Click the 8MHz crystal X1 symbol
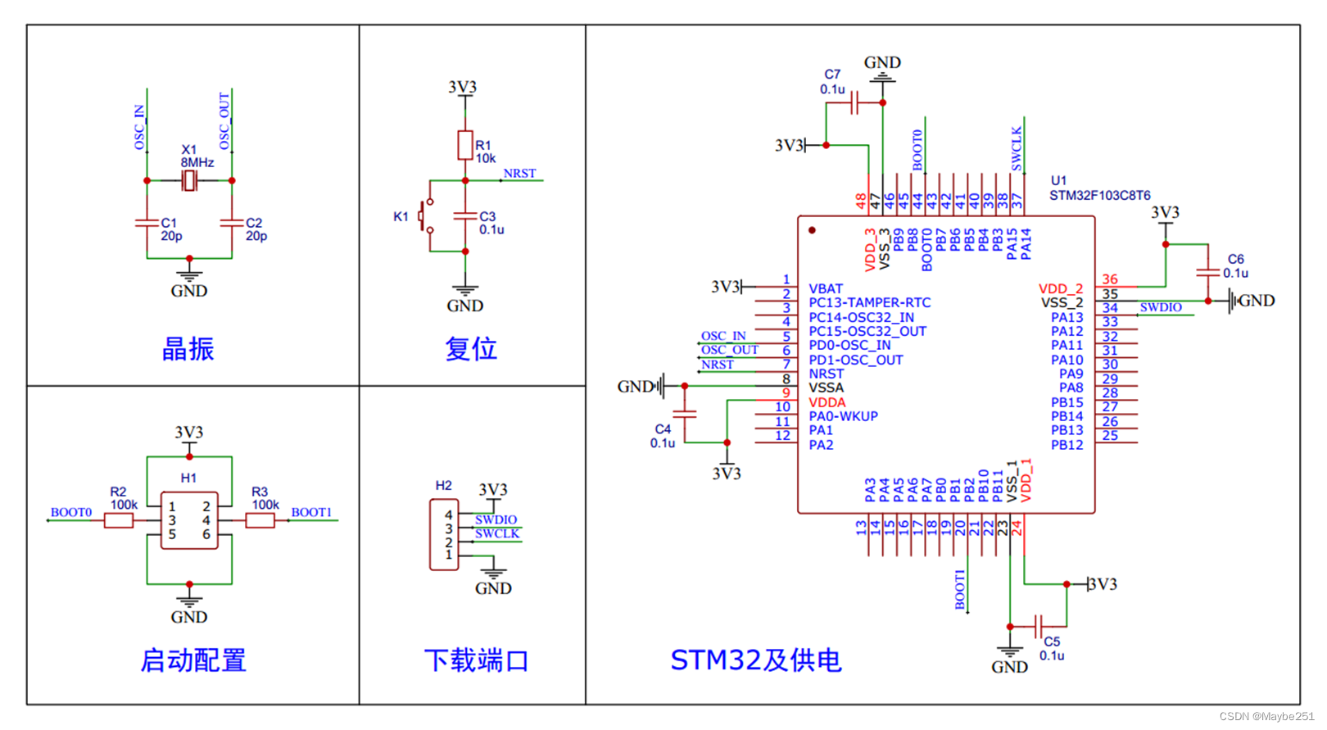(x=189, y=180)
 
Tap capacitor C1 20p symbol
(x=147, y=222)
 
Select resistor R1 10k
(x=465, y=145)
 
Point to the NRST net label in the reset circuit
(x=519, y=174)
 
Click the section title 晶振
(x=188, y=349)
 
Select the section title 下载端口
(x=476, y=660)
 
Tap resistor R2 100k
(x=119, y=519)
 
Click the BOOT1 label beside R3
(x=311, y=513)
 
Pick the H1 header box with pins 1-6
(x=189, y=520)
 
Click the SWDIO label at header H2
(x=496, y=519)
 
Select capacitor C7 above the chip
(x=854, y=103)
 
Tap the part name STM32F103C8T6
(x=1099, y=195)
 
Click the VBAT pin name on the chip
(x=826, y=288)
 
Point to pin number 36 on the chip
(x=1110, y=279)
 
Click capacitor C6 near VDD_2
(x=1207, y=272)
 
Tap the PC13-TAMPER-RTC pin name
(x=869, y=302)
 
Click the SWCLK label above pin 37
(x=1017, y=148)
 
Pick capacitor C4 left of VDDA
(x=684, y=414)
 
